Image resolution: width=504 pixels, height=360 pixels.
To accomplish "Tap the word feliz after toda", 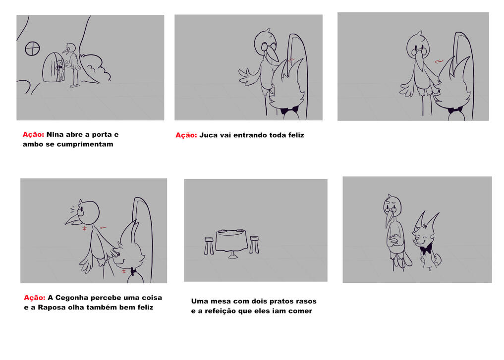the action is click(296, 135).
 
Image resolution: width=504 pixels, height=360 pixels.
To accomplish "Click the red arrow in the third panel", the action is click(439, 61).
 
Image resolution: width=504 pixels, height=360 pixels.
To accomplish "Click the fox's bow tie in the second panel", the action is click(289, 111).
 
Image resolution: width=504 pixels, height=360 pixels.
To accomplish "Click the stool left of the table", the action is click(209, 246).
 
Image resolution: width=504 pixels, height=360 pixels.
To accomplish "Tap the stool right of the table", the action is click(254, 245).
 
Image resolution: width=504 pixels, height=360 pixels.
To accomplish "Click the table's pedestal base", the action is click(233, 256).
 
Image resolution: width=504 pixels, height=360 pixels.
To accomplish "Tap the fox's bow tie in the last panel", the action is click(426, 250).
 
